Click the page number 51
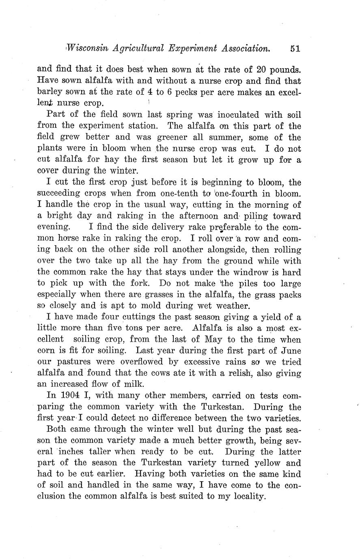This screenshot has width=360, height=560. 295,49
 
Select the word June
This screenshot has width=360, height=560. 291,351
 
